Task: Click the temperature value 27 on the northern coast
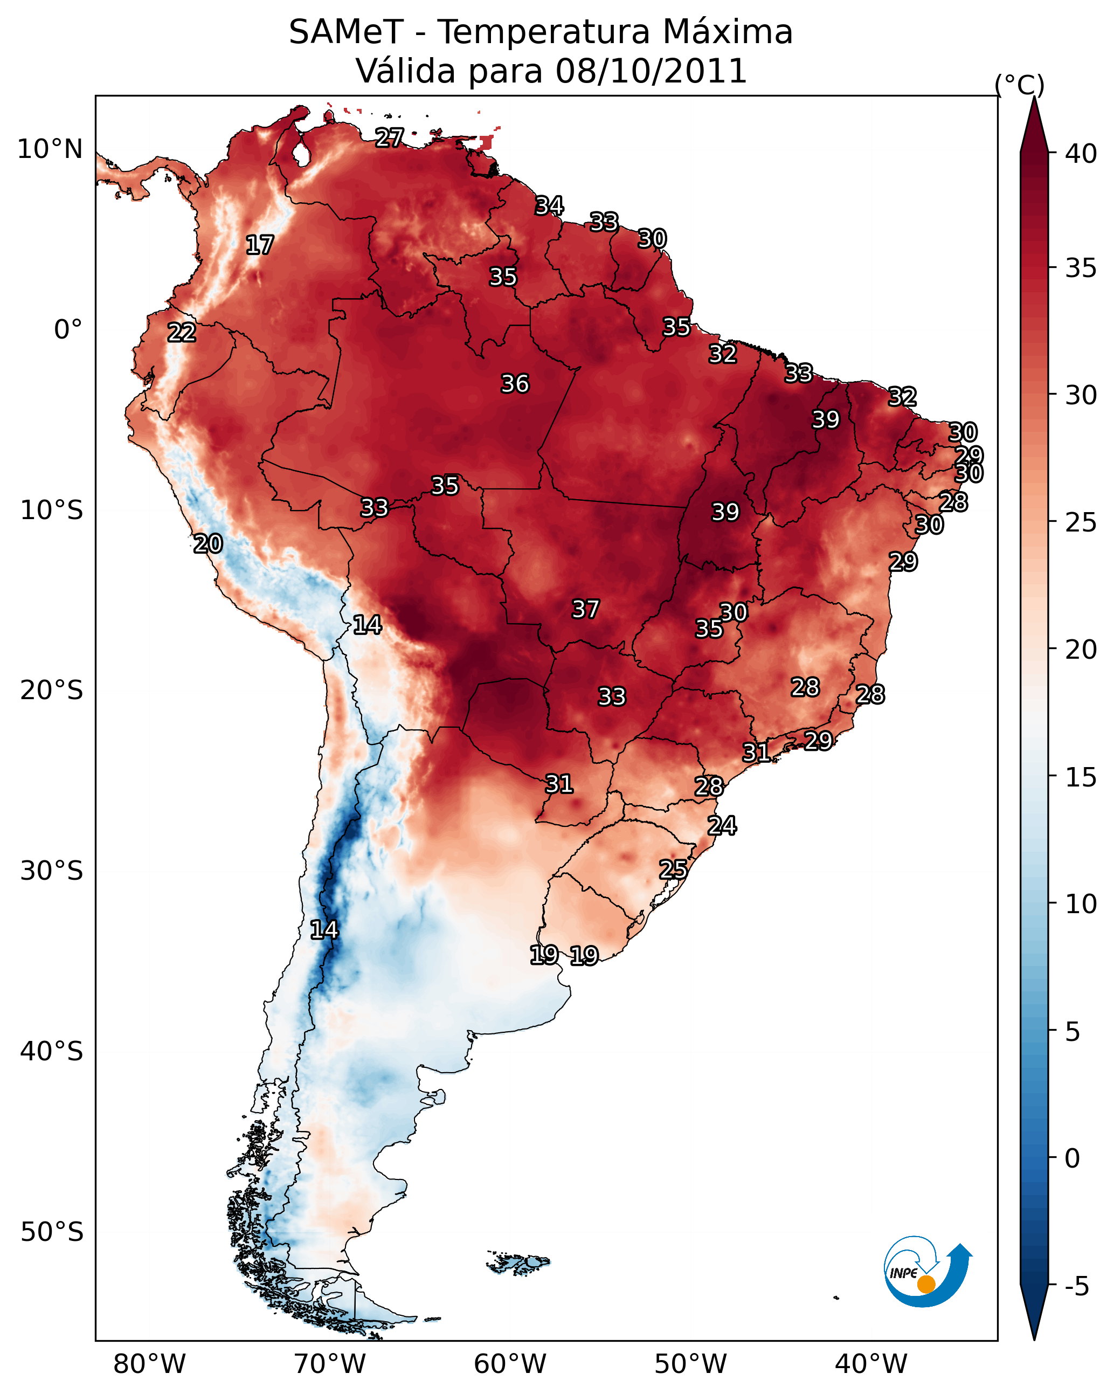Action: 389,137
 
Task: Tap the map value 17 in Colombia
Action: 260,245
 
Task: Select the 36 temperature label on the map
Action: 515,384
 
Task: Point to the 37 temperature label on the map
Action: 585,609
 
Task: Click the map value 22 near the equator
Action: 182,333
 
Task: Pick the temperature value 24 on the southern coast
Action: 722,826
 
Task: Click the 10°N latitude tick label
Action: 50,149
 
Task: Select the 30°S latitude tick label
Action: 52,871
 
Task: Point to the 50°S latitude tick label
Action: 52,1232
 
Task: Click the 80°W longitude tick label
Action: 149,1364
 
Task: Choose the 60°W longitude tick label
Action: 510,1364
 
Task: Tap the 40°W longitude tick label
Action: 871,1364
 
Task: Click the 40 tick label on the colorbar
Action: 1081,154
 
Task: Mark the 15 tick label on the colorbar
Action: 1081,777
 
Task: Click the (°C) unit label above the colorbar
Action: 1019,85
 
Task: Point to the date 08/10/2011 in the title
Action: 651,71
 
